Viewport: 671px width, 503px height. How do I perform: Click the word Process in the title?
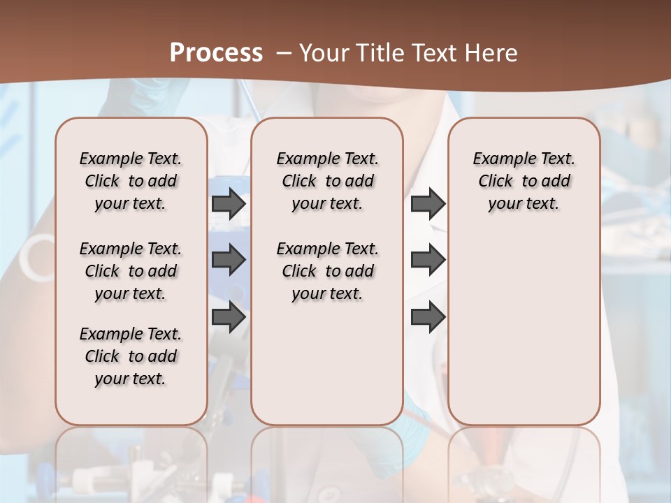(216, 53)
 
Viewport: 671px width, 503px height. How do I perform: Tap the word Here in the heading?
(491, 53)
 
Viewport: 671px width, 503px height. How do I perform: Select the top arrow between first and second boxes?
(229, 203)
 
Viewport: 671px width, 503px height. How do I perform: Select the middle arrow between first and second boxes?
(229, 260)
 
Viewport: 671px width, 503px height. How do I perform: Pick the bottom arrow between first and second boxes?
(229, 316)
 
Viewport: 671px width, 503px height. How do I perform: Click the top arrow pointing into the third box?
(428, 203)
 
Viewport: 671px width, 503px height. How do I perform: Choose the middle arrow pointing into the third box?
(428, 260)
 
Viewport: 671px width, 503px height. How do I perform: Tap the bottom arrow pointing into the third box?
(428, 316)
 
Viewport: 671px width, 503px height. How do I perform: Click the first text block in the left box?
(131, 181)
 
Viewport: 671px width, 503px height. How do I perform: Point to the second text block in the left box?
(131, 271)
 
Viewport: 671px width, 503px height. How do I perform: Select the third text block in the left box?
(131, 356)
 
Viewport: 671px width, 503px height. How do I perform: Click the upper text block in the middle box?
(327, 181)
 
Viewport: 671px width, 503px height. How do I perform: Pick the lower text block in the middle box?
(327, 271)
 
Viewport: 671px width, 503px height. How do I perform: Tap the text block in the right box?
(524, 181)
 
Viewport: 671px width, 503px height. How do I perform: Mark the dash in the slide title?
(284, 53)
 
